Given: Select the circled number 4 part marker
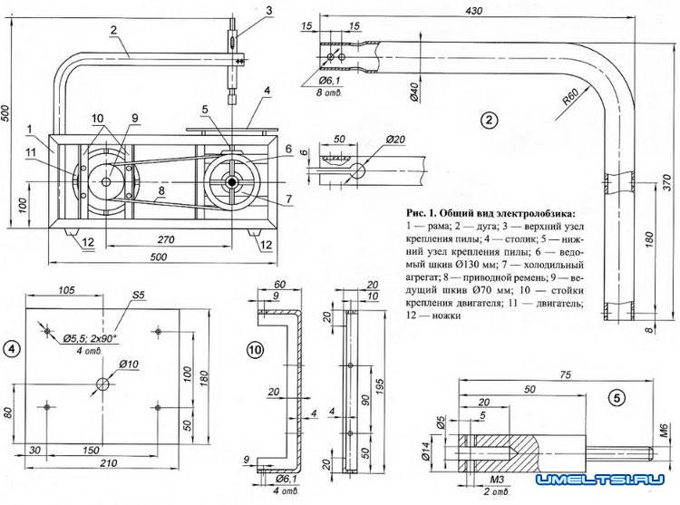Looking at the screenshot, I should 10,348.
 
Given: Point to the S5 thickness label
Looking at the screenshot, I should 139,296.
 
